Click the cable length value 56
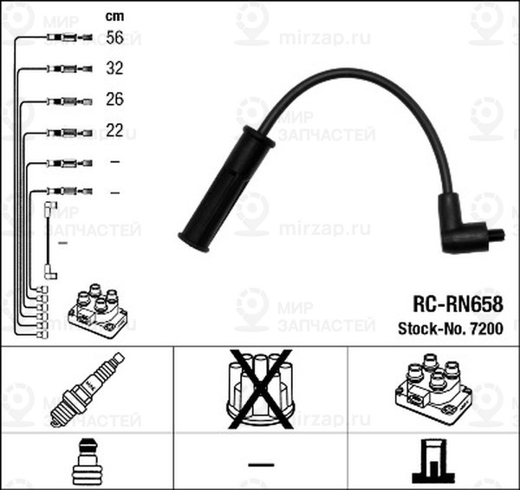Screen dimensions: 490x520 coord(114,37)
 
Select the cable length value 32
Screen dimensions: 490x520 coord(114,69)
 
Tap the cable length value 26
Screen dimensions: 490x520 coord(114,101)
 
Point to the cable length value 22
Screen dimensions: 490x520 coord(114,132)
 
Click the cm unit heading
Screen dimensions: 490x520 coord(114,15)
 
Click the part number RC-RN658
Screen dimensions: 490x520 coord(458,304)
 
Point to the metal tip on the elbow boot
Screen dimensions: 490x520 coord(497,234)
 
